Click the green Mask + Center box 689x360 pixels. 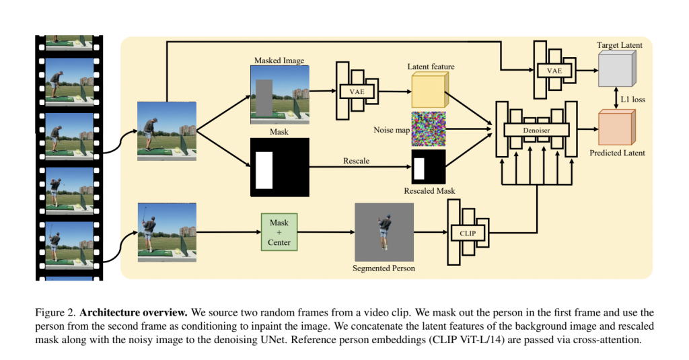tap(279, 231)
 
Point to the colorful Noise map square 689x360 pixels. tap(428, 129)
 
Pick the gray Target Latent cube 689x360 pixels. tap(616, 71)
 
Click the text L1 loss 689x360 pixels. tap(632, 99)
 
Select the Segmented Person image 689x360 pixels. tap(384, 233)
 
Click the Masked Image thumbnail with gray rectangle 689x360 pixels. tap(279, 95)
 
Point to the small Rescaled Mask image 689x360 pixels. tap(428, 167)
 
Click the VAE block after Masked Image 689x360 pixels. tap(356, 89)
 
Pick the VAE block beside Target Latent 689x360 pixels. tap(553, 70)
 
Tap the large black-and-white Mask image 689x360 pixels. tap(279, 167)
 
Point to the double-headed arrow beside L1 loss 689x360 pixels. tap(616, 99)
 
